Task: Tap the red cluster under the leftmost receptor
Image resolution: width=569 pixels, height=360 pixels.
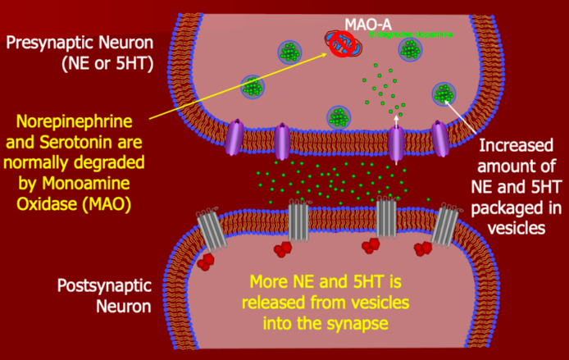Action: click(206, 261)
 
